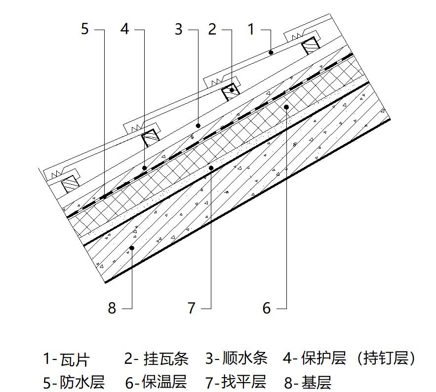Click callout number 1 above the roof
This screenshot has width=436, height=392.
(x=251, y=29)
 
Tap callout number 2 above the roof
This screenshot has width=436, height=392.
(x=212, y=29)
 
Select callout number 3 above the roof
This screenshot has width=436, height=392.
(x=179, y=29)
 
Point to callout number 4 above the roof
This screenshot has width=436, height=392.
(x=125, y=29)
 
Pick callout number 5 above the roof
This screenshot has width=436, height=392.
(x=85, y=29)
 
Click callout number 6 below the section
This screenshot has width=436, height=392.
(x=266, y=309)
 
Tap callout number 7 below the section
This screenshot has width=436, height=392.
(x=191, y=309)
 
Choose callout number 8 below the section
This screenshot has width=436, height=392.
(x=112, y=309)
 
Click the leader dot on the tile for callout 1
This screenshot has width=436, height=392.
(x=271, y=52)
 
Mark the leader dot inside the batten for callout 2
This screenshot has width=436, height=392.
(x=232, y=90)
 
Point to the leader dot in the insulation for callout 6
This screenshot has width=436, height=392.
(x=286, y=107)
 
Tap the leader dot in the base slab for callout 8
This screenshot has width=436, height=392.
(x=132, y=248)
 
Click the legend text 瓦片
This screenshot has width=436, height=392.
(x=75, y=359)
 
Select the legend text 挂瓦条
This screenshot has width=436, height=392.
(x=166, y=358)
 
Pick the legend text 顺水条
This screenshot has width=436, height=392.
(x=245, y=358)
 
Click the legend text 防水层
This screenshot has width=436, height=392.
(x=82, y=382)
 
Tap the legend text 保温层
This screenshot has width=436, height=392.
(x=164, y=382)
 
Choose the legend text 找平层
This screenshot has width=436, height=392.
(x=244, y=382)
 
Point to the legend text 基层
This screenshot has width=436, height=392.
(x=316, y=383)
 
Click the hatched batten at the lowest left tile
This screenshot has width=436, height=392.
(x=70, y=184)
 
